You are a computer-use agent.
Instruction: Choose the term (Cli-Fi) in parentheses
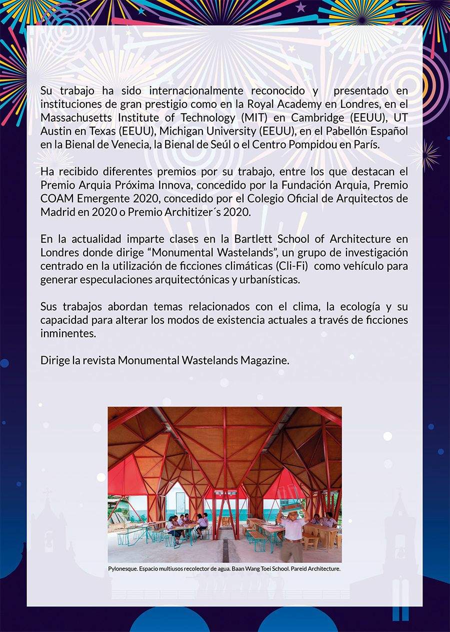[287, 267]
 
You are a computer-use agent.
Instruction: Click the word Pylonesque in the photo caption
[122, 569]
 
